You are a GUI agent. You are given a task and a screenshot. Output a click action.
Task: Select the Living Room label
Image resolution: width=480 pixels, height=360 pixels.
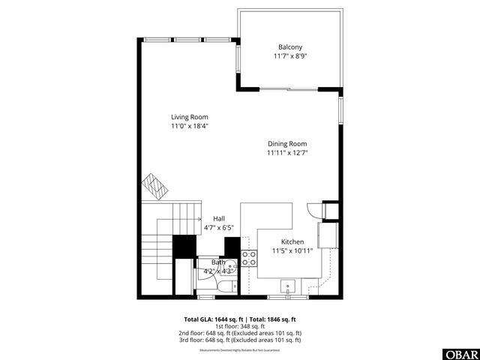coord(189,117)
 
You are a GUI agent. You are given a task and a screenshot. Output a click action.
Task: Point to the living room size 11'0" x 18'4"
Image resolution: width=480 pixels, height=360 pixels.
coord(189,127)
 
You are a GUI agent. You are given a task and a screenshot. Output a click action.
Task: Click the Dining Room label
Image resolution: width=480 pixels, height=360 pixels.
coord(287,143)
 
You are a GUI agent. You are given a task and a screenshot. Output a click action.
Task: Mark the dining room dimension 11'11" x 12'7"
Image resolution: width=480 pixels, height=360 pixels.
coord(287,153)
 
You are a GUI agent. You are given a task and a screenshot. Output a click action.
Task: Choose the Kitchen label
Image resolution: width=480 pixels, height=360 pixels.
coord(292,242)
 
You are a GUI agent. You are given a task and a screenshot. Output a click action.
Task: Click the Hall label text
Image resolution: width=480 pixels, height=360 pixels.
coord(218,218)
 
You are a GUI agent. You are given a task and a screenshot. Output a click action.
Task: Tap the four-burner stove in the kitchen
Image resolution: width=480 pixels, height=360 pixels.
coord(249,259)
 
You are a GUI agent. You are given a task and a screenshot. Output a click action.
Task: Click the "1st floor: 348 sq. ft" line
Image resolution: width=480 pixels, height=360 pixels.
coord(240,325)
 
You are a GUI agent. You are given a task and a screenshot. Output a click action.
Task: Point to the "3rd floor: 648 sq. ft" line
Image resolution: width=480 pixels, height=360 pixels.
coord(240,339)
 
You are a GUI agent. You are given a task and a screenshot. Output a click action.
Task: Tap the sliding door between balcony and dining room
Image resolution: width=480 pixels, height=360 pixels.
coord(288,89)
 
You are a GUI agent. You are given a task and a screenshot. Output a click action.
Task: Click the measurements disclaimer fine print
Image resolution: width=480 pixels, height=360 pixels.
coord(240,350)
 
